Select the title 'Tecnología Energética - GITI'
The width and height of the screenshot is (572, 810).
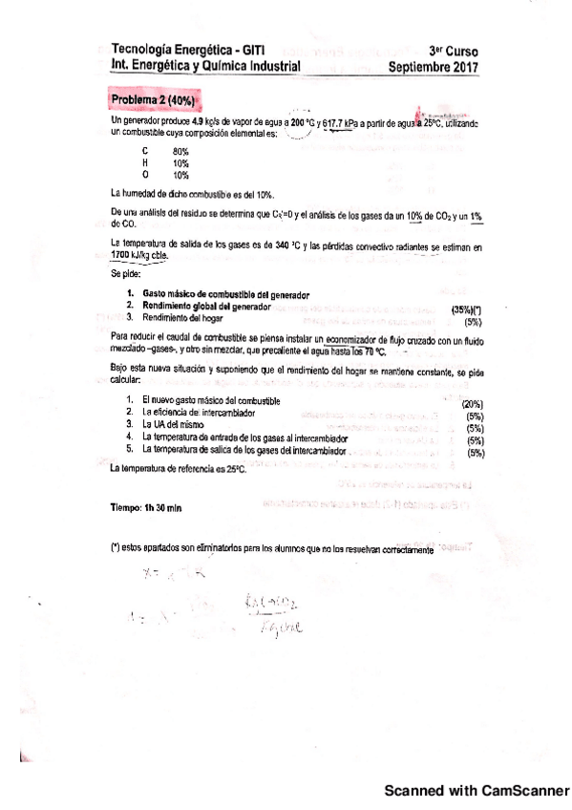pos(188,49)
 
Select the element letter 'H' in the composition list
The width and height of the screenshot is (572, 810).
pos(144,163)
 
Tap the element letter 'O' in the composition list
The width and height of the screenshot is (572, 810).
pos(144,175)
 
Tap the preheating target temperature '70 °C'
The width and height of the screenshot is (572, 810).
pos(377,351)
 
